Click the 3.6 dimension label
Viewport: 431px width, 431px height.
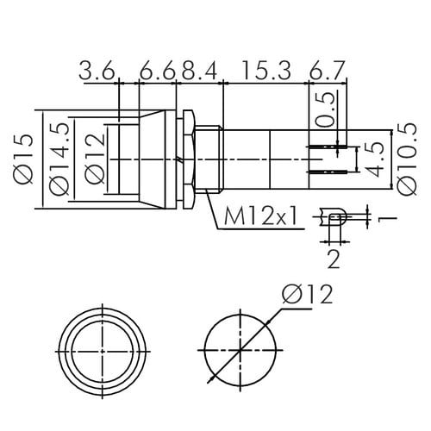click(97, 70)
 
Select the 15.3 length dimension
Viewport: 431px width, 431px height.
click(266, 70)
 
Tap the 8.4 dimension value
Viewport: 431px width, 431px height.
click(199, 70)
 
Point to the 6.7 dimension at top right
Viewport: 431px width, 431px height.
click(327, 70)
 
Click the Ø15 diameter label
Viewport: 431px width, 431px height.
click(23, 159)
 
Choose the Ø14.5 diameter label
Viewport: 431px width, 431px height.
click(59, 159)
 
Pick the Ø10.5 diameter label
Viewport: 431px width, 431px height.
click(407, 159)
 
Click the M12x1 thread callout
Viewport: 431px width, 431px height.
click(260, 216)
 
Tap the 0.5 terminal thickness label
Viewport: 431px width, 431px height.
click(326, 109)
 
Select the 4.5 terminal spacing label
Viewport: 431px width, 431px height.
click(374, 159)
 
